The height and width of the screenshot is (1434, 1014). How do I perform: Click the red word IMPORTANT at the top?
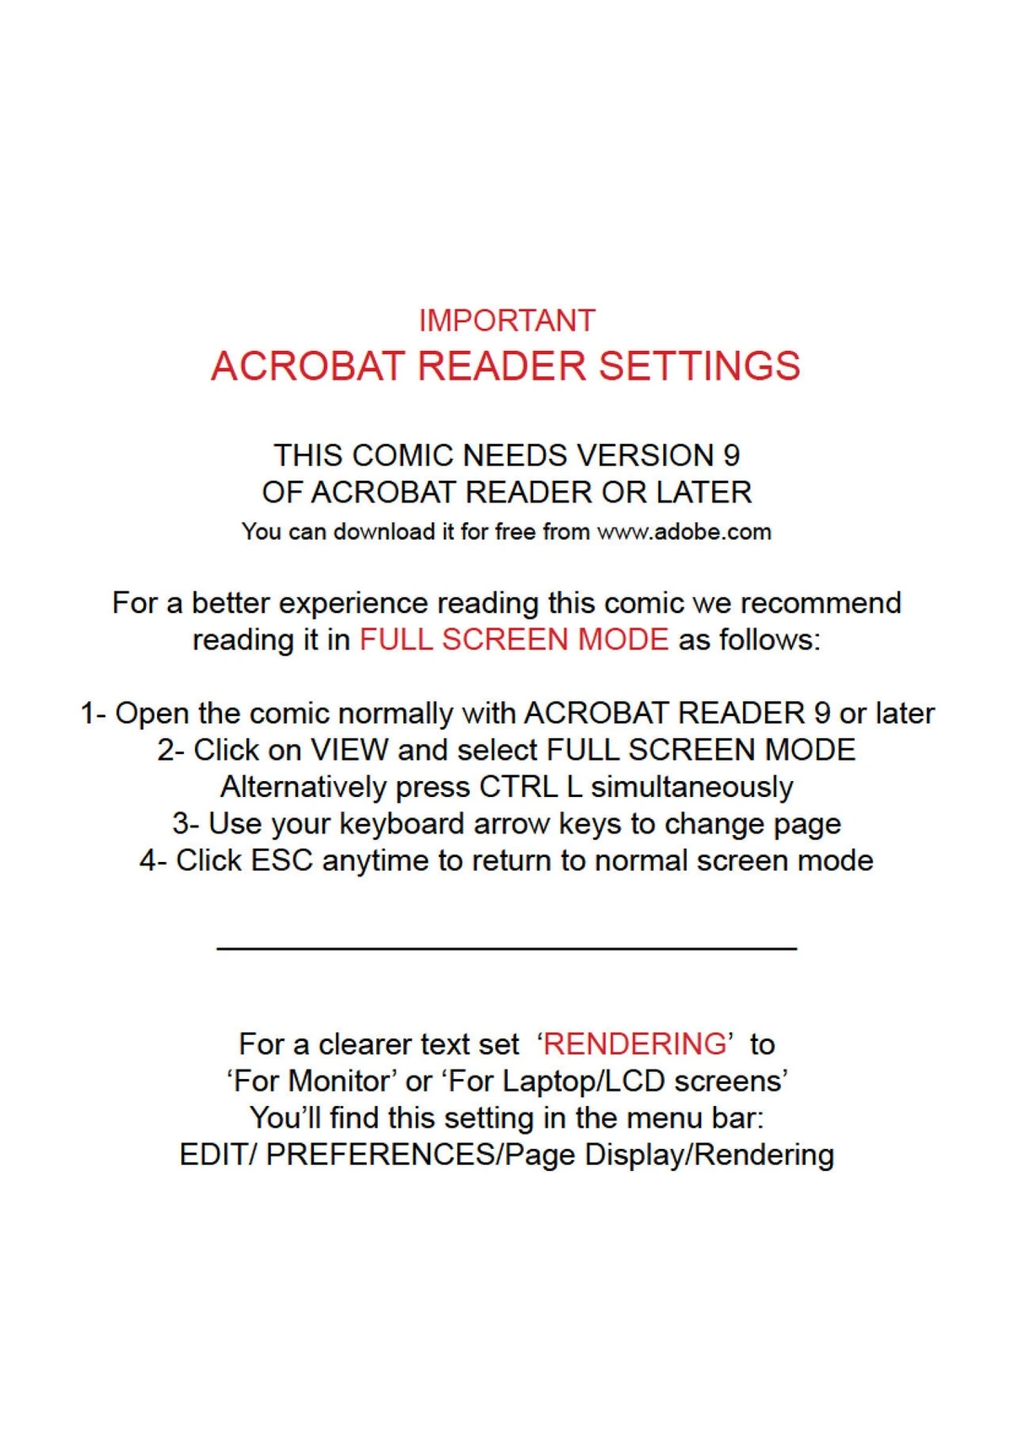tap(507, 321)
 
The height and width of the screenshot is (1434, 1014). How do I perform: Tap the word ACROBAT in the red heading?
tap(308, 366)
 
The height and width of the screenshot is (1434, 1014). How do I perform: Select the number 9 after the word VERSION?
tap(731, 456)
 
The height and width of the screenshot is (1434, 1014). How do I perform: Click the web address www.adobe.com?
tap(684, 532)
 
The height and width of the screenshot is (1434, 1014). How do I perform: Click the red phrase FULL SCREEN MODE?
tap(514, 639)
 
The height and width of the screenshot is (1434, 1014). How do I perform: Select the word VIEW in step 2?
tap(349, 750)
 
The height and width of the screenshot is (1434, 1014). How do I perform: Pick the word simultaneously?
tap(692, 787)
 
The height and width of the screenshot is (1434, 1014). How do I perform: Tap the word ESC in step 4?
tap(282, 860)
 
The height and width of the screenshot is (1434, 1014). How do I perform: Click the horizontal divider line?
tap(506, 949)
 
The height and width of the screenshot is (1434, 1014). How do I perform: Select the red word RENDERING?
tap(634, 1044)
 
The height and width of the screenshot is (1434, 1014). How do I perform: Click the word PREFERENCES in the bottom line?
tap(383, 1155)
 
